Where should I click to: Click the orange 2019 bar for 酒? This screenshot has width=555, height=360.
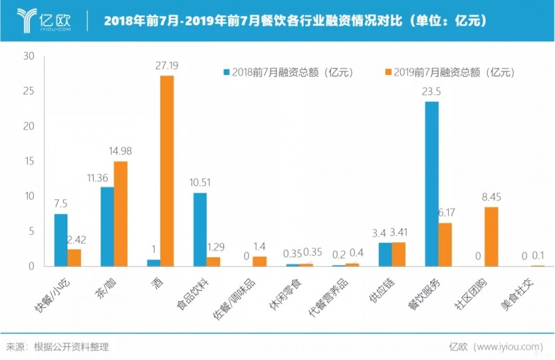point(166,171)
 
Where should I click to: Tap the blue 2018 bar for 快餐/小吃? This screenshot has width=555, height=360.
point(61,240)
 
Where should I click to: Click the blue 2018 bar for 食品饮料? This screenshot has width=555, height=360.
point(200,230)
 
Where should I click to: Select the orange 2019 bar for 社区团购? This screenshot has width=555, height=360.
point(491,237)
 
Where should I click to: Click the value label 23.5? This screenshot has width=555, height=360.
point(432,91)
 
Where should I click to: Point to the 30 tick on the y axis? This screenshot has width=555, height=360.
point(28,56)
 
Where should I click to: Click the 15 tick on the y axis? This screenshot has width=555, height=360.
point(28,161)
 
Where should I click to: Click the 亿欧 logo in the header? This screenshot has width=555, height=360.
point(43,20)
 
